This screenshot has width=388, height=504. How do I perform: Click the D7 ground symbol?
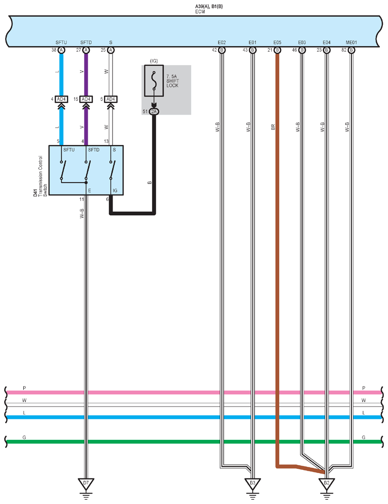point(85,485)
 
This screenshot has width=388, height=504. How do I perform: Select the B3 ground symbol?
point(253,485)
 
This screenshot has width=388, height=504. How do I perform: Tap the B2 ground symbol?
point(326,485)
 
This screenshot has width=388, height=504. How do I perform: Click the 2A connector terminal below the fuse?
point(154,112)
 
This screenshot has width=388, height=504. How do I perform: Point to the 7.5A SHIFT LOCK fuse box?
point(154,81)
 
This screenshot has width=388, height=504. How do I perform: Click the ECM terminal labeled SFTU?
point(61,50)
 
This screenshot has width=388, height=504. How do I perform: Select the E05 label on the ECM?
point(277,42)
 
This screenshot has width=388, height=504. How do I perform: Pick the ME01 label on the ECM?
point(351,42)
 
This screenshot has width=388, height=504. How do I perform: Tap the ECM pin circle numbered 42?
point(222,50)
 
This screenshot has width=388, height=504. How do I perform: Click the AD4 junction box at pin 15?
point(86,99)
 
